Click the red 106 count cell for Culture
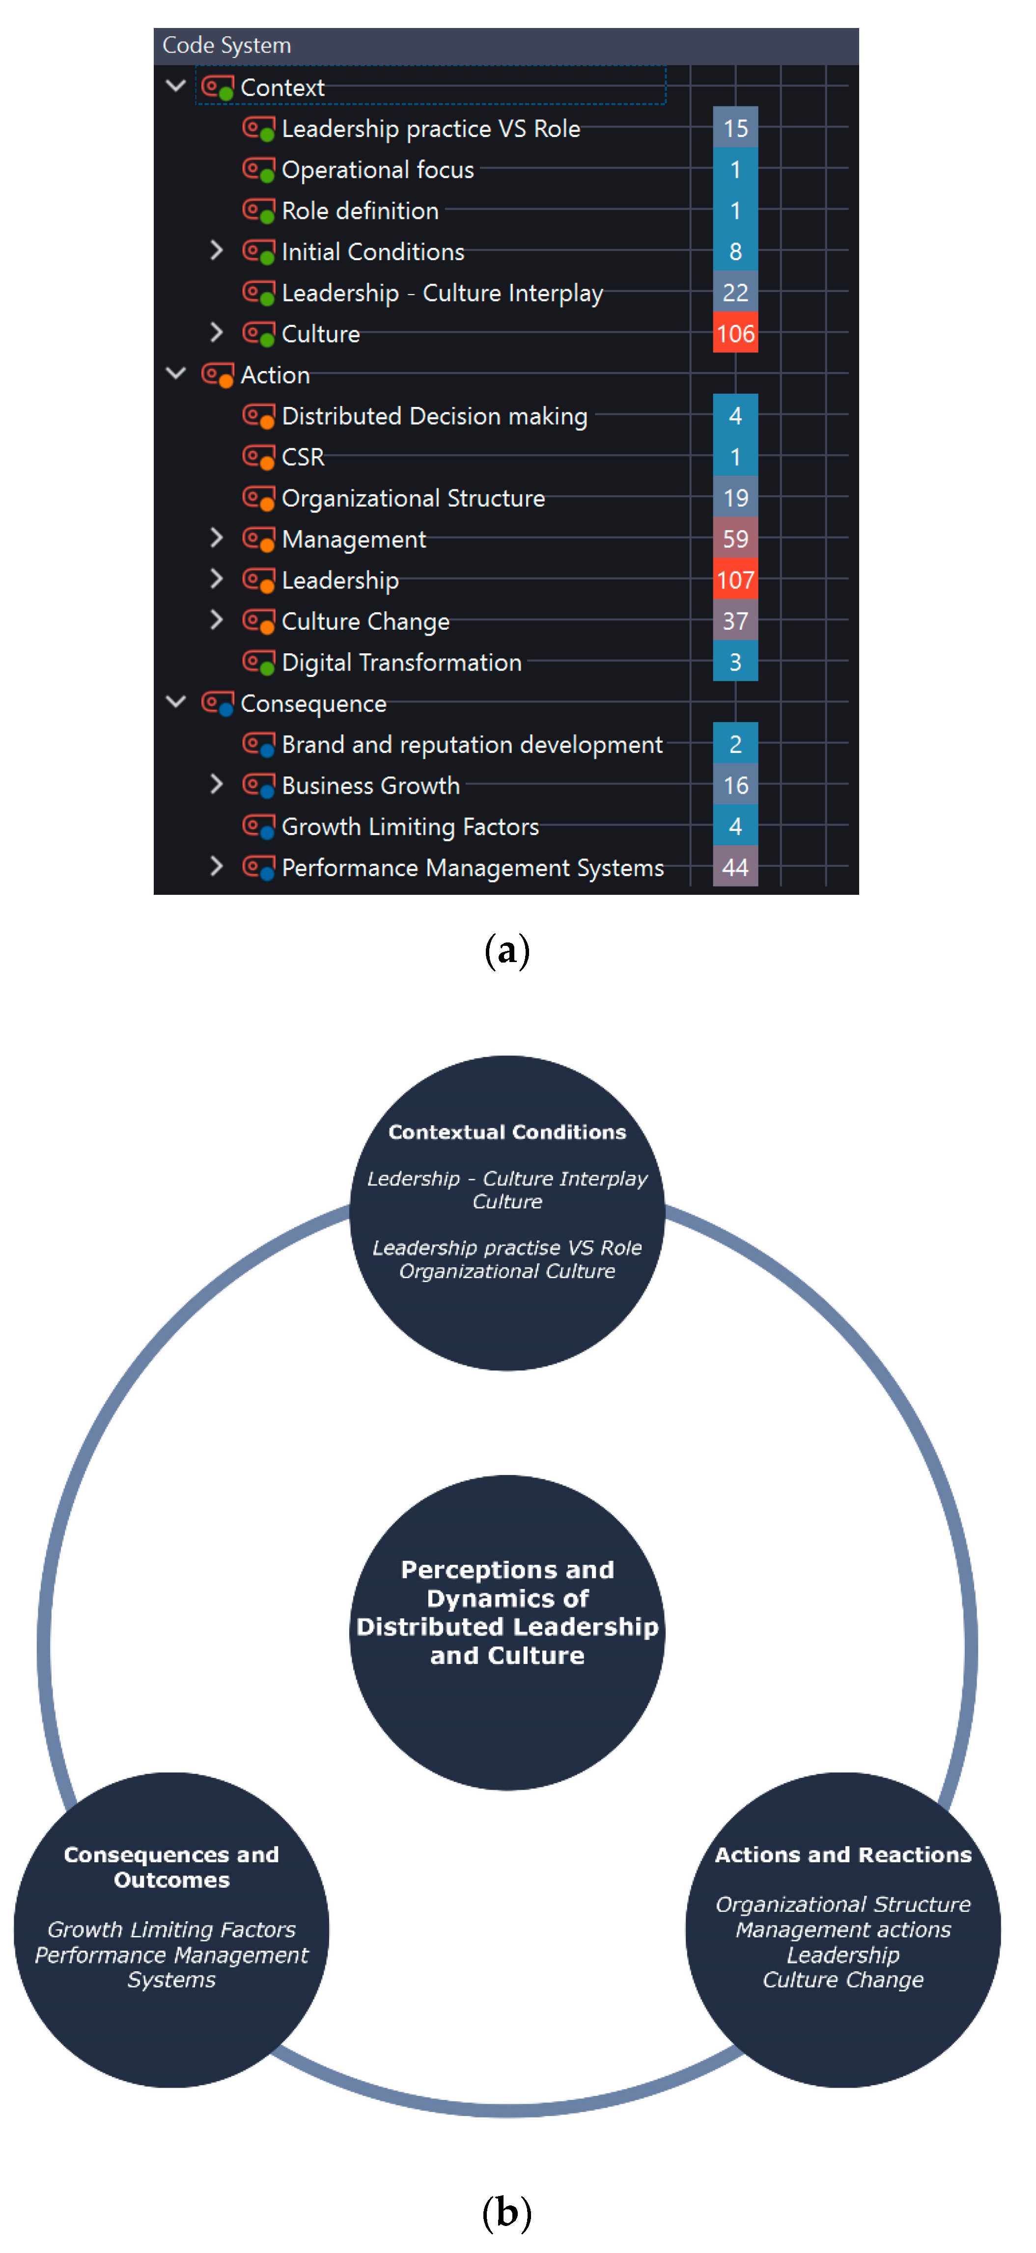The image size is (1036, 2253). pyautogui.click(x=735, y=333)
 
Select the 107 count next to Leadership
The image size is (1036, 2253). pyautogui.click(x=735, y=580)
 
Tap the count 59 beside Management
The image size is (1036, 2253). pyautogui.click(x=735, y=539)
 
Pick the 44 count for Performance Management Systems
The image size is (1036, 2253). pyautogui.click(x=735, y=868)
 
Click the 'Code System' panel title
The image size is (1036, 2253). pyautogui.click(x=226, y=46)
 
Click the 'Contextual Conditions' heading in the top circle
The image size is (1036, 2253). pyautogui.click(x=507, y=1132)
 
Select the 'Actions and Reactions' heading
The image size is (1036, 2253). pyautogui.click(x=842, y=1854)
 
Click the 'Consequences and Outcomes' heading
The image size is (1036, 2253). pyautogui.click(x=171, y=1866)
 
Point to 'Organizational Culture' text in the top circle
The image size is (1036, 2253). pyautogui.click(x=507, y=1271)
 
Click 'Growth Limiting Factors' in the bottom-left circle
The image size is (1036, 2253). pyautogui.click(x=171, y=1929)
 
